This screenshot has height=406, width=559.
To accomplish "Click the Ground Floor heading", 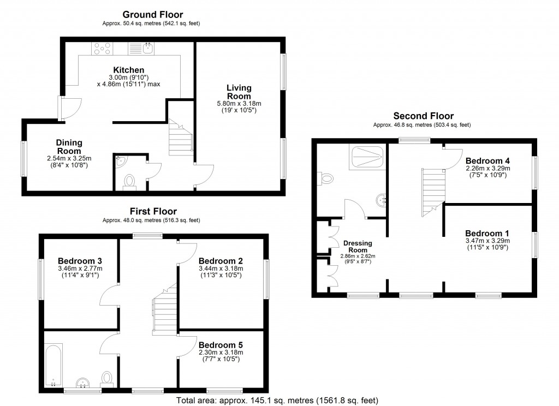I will tap(152, 15).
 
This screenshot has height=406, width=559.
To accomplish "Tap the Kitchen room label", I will tap(128, 70).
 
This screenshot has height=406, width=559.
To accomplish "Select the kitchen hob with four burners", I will tap(101, 49).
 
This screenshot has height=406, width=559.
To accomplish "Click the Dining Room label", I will tap(69, 147).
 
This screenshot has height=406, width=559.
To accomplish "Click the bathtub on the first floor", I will tap(53, 363).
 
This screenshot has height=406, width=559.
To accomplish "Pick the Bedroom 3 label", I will tap(80, 261).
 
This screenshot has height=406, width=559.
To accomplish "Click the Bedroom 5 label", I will tap(221, 345).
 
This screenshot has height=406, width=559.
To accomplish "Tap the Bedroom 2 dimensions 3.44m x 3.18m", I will tap(221, 268).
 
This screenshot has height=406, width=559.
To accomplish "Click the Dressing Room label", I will tap(358, 247).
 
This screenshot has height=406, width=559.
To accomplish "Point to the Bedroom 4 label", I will tap(487, 161).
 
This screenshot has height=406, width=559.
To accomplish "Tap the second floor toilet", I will tap(327, 178).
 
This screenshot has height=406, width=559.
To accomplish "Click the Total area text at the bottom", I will tap(277, 401).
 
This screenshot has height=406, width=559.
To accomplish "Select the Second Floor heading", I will tap(423, 116).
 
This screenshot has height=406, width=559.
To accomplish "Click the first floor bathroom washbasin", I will tap(83, 381).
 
